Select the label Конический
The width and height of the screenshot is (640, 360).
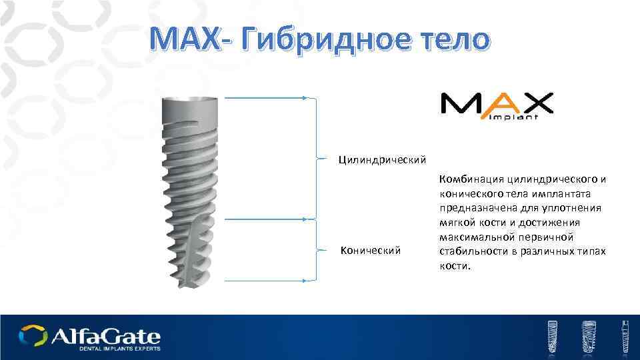(371, 250)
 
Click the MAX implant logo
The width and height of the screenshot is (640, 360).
(496, 105)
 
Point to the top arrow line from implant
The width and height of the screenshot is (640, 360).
(267, 98)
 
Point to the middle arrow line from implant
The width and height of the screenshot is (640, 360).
(267, 218)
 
